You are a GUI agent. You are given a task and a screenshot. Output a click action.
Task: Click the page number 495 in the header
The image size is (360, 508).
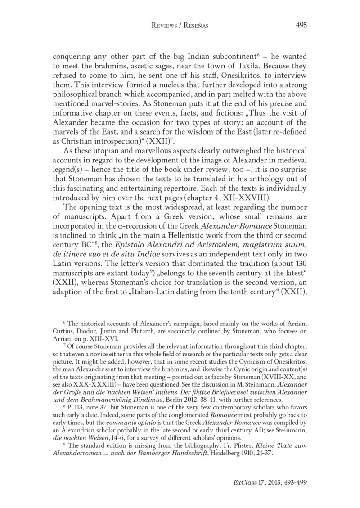301,26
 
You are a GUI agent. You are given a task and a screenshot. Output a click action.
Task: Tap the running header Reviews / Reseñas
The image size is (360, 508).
180,26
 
